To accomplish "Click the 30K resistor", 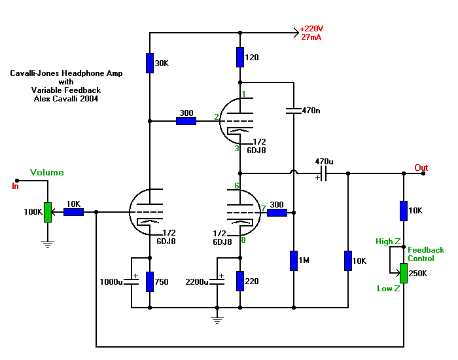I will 150,63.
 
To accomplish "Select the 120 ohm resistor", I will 241,57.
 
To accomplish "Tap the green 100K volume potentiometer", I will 47,212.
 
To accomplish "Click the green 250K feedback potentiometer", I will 404,274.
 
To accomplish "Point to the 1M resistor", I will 294,261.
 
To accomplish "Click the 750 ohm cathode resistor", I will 150,281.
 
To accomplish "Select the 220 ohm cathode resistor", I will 241,281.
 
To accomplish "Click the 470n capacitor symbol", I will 294,109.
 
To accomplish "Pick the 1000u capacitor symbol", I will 133,281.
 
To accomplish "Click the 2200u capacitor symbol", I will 218,281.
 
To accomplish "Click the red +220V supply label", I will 311,29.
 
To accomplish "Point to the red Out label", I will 421,168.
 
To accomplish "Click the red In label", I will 16,186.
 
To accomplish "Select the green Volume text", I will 47,173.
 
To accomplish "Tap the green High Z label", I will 388,242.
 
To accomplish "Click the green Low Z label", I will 388,289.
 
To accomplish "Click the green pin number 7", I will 263,209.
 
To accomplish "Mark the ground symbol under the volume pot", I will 47,243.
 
